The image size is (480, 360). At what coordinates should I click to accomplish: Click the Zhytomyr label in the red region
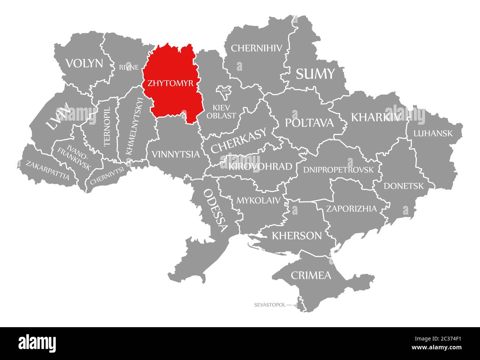(x=170, y=83)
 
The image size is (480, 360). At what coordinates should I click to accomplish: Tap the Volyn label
(x=84, y=63)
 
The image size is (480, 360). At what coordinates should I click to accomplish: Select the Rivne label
(x=129, y=67)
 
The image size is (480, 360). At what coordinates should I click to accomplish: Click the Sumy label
(x=315, y=74)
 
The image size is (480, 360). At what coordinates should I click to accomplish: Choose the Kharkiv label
(x=376, y=117)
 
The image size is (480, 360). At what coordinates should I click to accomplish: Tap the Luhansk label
(x=433, y=133)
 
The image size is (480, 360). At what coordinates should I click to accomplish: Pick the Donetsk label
(x=404, y=186)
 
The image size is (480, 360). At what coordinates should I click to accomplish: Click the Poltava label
(x=309, y=123)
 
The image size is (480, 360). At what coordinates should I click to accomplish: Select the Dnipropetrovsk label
(x=338, y=170)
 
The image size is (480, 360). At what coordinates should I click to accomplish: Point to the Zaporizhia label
(x=351, y=209)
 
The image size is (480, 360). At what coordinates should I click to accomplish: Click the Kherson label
(x=296, y=235)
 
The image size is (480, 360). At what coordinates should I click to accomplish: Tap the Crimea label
(x=311, y=275)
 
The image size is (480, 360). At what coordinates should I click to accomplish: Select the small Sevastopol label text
(x=270, y=305)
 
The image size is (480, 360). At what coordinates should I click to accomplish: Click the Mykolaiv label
(x=258, y=201)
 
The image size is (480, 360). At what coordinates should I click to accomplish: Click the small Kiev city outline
(x=224, y=92)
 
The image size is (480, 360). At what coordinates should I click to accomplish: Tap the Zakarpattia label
(x=47, y=170)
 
